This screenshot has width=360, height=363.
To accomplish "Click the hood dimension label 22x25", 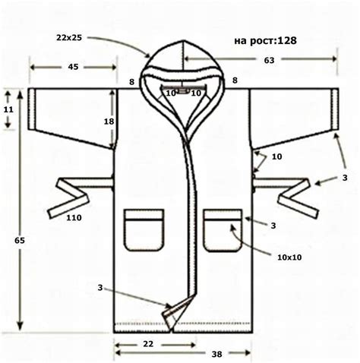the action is click(69, 38).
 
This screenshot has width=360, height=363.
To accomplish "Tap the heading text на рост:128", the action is click(265, 40).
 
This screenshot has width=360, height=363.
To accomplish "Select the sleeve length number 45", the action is click(73, 67).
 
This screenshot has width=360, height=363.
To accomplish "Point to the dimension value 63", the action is click(269, 60).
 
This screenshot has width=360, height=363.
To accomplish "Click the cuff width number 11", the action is click(8, 109).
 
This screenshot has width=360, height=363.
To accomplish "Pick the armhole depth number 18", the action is click(109, 122).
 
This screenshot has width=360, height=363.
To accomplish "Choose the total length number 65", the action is click(20, 240).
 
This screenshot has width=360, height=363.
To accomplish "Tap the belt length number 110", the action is click(74, 217).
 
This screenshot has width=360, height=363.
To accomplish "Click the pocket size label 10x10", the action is click(289, 257).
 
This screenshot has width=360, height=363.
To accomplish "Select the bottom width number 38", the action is click(216, 354).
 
